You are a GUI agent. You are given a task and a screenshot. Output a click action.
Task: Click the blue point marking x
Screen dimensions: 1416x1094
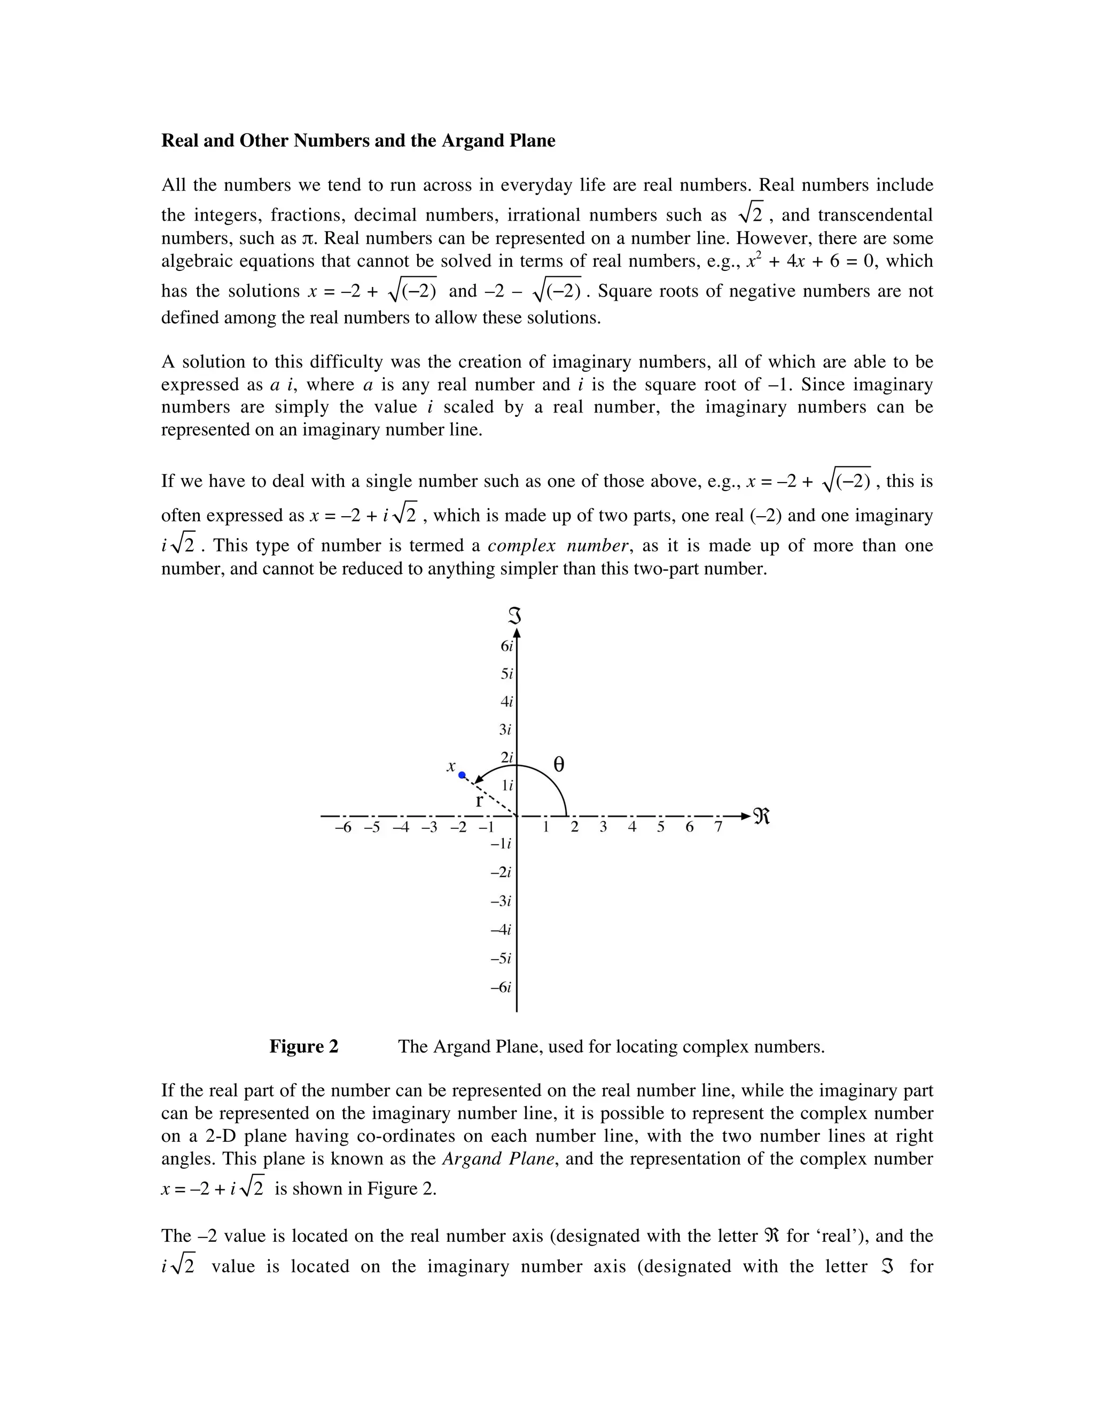462,775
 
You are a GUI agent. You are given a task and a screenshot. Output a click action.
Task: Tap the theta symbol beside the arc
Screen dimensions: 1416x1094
559,765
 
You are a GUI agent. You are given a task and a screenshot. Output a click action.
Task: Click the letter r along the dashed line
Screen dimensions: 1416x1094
479,801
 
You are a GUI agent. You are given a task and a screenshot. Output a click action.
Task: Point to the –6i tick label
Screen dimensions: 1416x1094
501,987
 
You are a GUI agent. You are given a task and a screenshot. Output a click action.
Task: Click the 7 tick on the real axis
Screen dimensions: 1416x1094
718,827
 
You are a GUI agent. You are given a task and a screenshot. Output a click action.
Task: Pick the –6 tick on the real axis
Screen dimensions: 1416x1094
343,827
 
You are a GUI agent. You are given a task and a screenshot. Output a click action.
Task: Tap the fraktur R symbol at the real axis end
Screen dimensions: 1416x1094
762,816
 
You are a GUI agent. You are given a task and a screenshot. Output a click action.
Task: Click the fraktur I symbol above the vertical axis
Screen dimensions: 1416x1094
515,616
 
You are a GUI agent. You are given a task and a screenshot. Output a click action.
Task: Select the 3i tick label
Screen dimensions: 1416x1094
505,729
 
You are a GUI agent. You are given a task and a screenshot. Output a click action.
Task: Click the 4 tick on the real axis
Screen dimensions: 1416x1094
632,827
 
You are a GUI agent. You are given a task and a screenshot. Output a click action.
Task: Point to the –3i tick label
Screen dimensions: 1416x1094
501,900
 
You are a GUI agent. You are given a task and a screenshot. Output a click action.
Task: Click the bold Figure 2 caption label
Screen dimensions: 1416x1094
304,1046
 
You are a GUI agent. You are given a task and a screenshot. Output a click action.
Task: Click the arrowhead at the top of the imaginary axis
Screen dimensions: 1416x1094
517,633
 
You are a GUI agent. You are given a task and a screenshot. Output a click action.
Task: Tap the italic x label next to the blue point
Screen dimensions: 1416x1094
451,766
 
